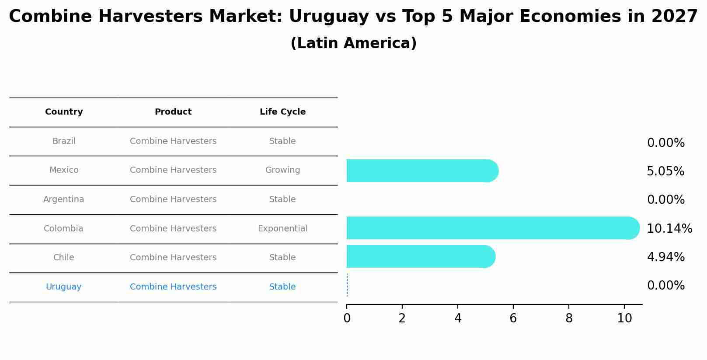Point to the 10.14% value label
[x=669, y=228]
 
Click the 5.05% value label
[x=665, y=171]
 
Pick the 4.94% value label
[x=665, y=257]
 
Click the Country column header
[x=64, y=112]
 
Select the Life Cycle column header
[x=282, y=112]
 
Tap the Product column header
[x=173, y=112]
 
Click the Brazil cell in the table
[x=64, y=141]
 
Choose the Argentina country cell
[x=64, y=199]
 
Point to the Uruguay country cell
[x=64, y=287]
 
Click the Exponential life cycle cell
[x=282, y=229]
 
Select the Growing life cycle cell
[x=282, y=170]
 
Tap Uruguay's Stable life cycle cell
[x=282, y=287]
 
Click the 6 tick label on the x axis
[x=513, y=318]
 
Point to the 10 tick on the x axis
[x=624, y=318]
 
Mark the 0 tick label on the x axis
[x=347, y=318]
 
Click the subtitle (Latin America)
[x=353, y=43]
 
